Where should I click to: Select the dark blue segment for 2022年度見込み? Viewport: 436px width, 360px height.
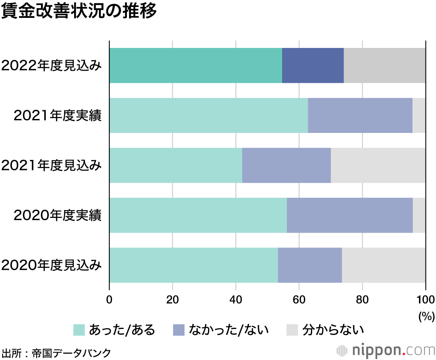click(x=313, y=65)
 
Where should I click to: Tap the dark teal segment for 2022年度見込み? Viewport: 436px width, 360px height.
click(x=195, y=65)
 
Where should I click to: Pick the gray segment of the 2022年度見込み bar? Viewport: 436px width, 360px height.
click(x=385, y=65)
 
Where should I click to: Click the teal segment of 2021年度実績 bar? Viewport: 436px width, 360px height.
click(x=208, y=115)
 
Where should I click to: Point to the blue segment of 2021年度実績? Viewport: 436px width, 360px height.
click(x=360, y=115)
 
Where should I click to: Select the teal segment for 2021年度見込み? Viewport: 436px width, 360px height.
click(x=175, y=165)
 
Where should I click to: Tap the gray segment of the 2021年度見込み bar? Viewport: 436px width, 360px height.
click(x=378, y=165)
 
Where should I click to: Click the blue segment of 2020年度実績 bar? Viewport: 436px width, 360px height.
click(x=350, y=215)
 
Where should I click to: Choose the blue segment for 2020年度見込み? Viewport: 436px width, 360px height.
click(x=310, y=265)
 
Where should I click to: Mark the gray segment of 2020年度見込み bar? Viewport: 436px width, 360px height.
click(x=384, y=265)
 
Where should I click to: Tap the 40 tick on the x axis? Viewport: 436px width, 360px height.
click(x=236, y=299)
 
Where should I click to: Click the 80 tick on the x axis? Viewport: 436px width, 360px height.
click(x=362, y=299)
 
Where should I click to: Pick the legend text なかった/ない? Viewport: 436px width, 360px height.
click(x=228, y=330)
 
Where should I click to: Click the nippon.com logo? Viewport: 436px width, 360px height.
click(x=386, y=350)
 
